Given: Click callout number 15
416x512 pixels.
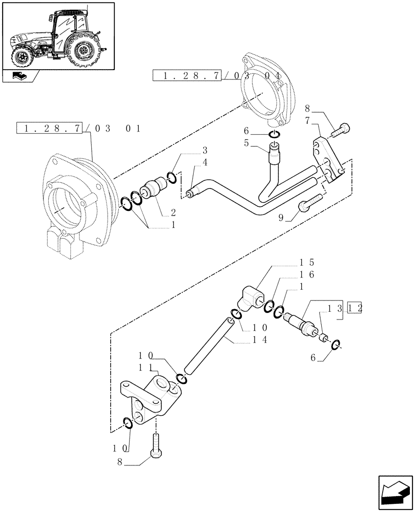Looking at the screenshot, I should [307, 262].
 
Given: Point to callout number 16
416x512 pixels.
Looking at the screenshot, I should [307, 275].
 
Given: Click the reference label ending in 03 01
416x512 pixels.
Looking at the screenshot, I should [79, 128].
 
